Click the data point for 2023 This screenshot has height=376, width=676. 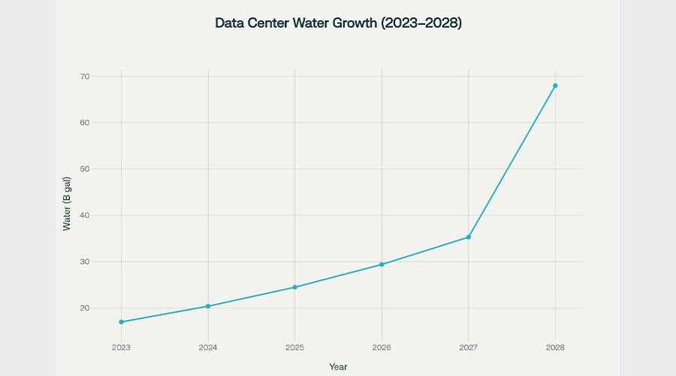pos(121,322)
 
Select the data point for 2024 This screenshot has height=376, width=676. pos(208,306)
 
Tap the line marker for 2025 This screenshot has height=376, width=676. pos(294,287)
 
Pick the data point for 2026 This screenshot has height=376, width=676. pos(382,265)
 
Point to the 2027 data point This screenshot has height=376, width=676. pos(469,237)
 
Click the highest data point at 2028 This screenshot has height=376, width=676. pos(555,86)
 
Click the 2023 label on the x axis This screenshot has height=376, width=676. pos(121,347)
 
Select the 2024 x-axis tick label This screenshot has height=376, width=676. pos(208,347)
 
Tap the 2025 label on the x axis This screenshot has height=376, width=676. pos(294,347)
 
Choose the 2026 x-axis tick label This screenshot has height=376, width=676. pos(382,347)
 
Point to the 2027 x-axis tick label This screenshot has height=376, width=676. pos(469,347)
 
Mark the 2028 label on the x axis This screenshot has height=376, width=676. pos(555,347)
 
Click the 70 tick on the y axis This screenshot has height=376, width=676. pos(85,77)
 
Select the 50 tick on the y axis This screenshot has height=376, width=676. pos(85,169)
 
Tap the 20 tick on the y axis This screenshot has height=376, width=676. pos(85,308)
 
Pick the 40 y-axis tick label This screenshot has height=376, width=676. pos(85,216)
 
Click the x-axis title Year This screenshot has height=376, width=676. pos(338,366)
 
